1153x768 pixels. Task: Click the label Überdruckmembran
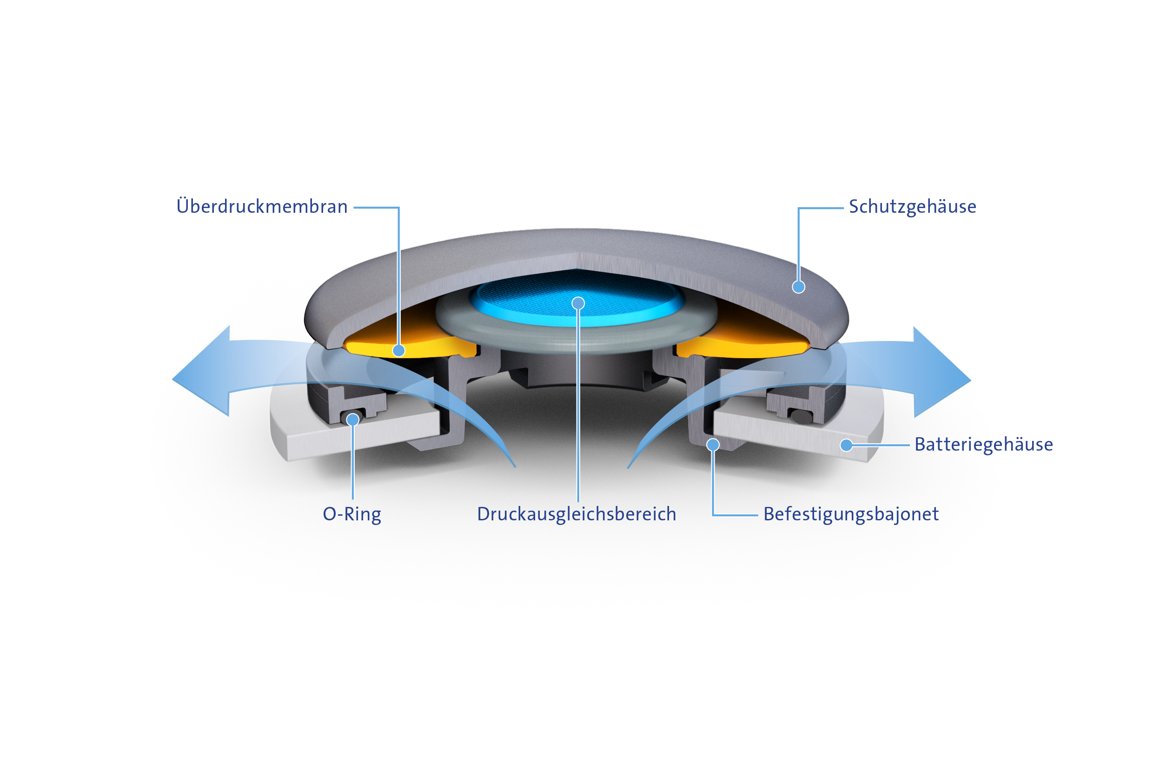pyautogui.click(x=262, y=206)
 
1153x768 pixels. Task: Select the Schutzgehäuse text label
pyautogui.click(x=912, y=207)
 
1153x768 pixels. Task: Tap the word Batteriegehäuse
pyautogui.click(x=983, y=444)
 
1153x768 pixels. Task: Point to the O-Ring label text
pyautogui.click(x=352, y=514)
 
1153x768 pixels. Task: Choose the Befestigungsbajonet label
pyautogui.click(x=851, y=514)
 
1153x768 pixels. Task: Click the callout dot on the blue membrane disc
pyautogui.click(x=578, y=303)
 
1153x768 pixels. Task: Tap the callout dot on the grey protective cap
pyautogui.click(x=798, y=287)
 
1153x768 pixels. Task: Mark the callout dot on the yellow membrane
pyautogui.click(x=399, y=350)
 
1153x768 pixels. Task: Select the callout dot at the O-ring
pyautogui.click(x=352, y=419)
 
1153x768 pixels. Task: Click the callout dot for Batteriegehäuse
pyautogui.click(x=846, y=445)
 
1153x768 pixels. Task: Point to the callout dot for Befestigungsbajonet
pyautogui.click(x=713, y=445)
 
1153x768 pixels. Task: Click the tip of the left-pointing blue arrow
pyautogui.click(x=172, y=379)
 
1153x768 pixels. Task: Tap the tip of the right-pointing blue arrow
pyautogui.click(x=971, y=380)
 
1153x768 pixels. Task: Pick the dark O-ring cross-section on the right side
pyautogui.click(x=800, y=416)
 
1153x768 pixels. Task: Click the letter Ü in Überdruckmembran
pyautogui.click(x=183, y=206)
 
